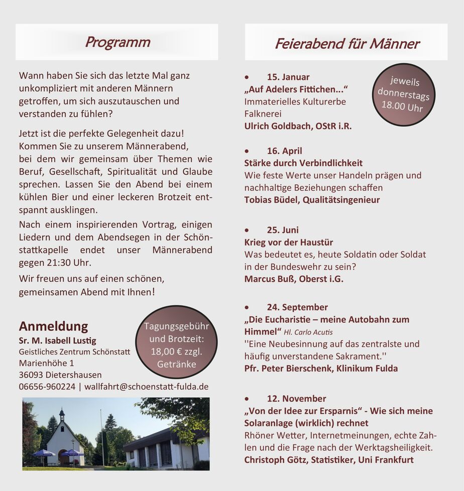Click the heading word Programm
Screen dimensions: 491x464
(x=117, y=42)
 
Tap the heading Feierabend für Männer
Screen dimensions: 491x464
(x=346, y=44)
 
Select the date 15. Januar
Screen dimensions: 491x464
(x=288, y=77)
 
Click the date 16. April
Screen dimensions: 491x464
(x=284, y=151)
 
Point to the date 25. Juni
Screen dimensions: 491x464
(x=283, y=230)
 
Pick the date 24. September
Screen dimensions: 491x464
(x=297, y=307)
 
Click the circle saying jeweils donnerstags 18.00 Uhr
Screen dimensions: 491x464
(x=403, y=94)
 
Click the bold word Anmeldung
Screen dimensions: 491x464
(x=53, y=326)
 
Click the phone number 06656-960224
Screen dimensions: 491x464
(x=47, y=387)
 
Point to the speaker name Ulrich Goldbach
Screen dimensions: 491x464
(x=278, y=127)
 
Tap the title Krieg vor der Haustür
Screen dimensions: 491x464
(x=288, y=242)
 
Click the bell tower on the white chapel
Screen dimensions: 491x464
(x=61, y=415)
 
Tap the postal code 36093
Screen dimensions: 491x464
(x=31, y=375)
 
